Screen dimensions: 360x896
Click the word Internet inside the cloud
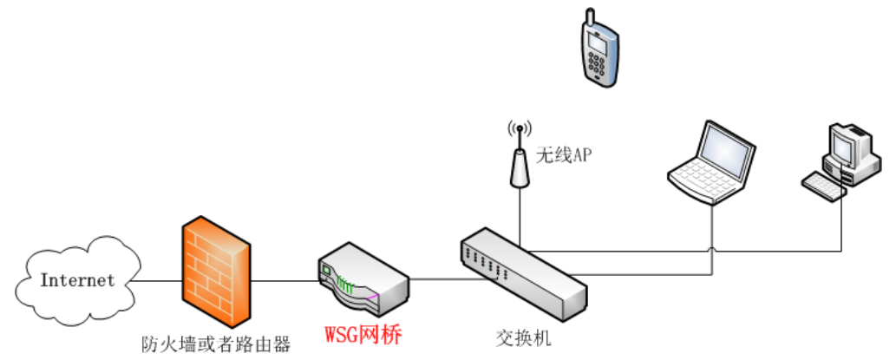click(77, 280)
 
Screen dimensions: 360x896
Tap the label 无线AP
click(563, 155)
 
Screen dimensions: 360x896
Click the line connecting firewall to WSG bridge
click(287, 281)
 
